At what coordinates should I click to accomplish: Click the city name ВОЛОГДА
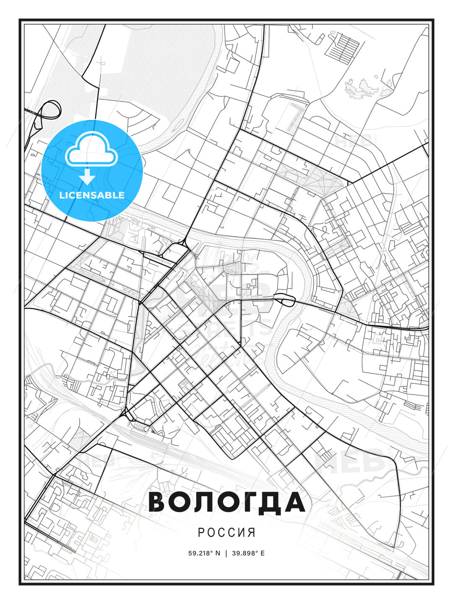226,502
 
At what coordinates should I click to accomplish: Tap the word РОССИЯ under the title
226,532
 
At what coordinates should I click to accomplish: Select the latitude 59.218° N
204,553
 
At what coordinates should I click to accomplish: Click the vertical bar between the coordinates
226,553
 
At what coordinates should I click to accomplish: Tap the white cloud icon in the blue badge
91,149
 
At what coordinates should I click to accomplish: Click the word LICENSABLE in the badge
92,195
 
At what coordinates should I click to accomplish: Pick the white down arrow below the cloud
87,177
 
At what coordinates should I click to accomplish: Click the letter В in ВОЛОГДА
158,502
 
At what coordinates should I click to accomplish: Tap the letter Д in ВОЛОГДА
271,502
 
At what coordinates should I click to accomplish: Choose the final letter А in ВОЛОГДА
295,502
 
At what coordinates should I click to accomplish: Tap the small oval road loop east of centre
286,300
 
